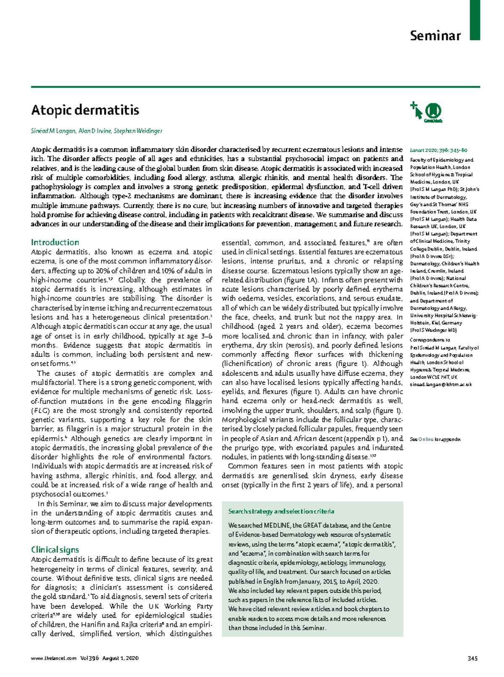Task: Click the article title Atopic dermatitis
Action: [x=85, y=110]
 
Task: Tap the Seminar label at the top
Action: [x=435, y=36]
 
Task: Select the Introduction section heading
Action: [x=55, y=242]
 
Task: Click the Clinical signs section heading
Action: [x=55, y=550]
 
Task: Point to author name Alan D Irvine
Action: [x=94, y=131]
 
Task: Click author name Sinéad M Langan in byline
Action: [x=53, y=131]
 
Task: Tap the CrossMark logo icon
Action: [x=433, y=112]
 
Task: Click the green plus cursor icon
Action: [x=416, y=110]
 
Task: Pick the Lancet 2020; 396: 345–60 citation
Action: [x=438, y=150]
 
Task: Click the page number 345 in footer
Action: [x=472, y=659]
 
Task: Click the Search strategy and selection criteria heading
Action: [x=281, y=511]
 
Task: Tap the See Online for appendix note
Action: [x=435, y=439]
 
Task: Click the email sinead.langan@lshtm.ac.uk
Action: [x=441, y=385]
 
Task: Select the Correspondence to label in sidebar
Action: [x=430, y=340]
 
